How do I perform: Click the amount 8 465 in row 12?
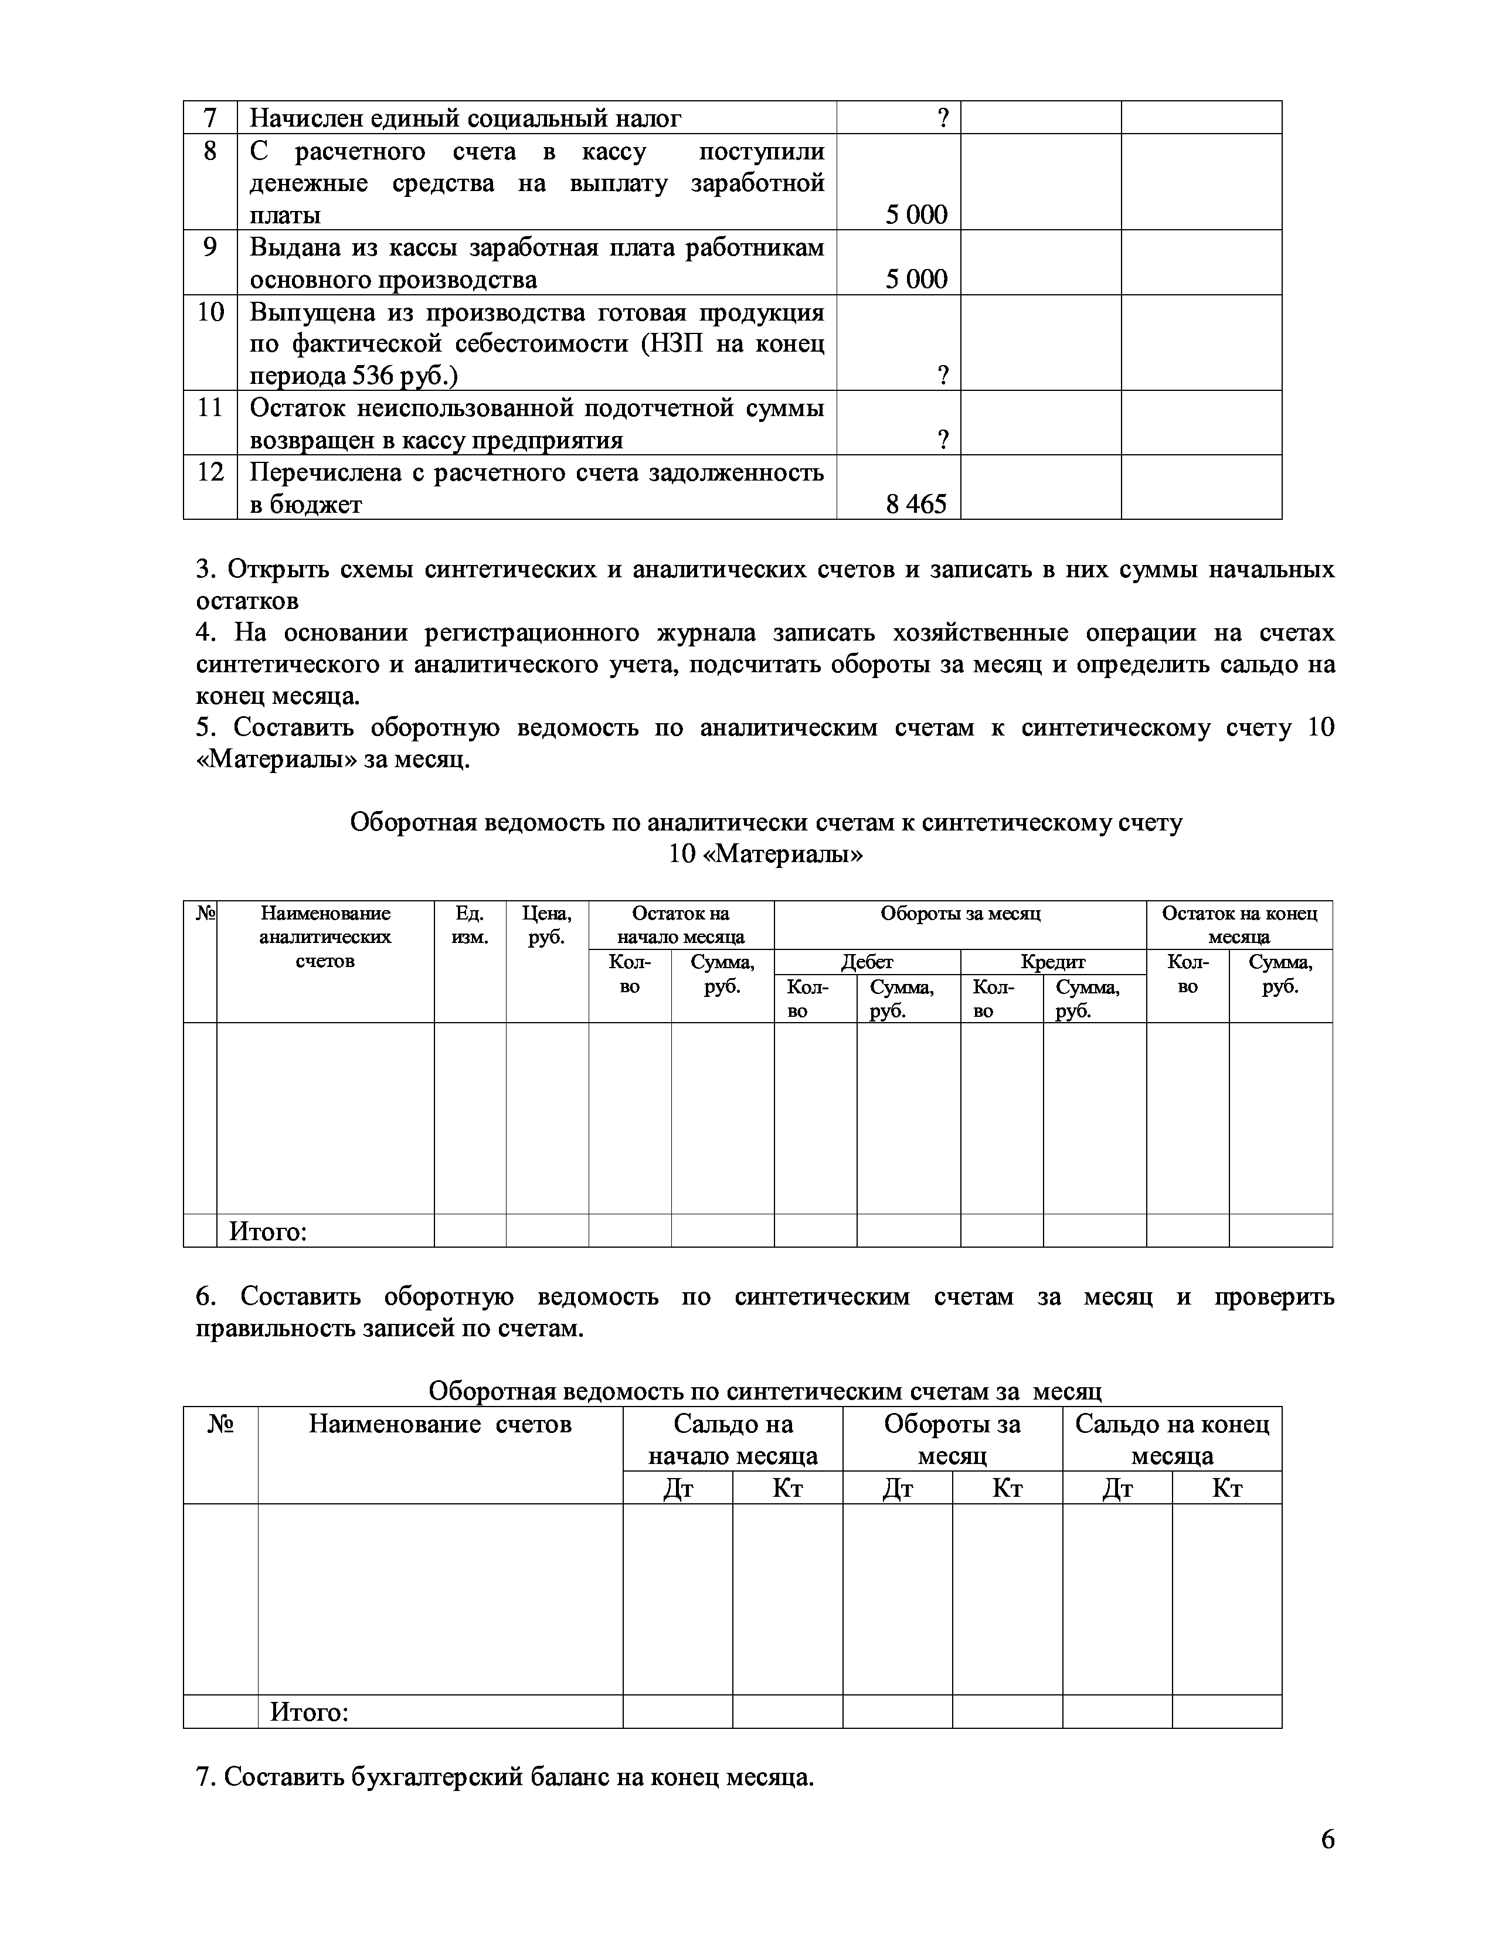[x=916, y=504]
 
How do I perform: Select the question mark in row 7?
[x=943, y=118]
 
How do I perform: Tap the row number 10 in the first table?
[x=210, y=312]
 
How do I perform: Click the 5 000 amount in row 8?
[x=916, y=214]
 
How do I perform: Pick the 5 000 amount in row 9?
[x=916, y=279]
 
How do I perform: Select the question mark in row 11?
[x=943, y=440]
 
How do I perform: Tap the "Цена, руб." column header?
[x=546, y=924]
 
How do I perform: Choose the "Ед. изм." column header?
[x=470, y=924]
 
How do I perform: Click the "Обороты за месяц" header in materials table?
[x=960, y=913]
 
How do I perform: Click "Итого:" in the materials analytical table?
[x=267, y=1231]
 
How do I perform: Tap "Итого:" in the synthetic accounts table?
[x=309, y=1712]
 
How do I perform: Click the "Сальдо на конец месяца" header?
[x=1172, y=1439]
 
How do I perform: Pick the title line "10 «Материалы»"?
[x=765, y=854]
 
